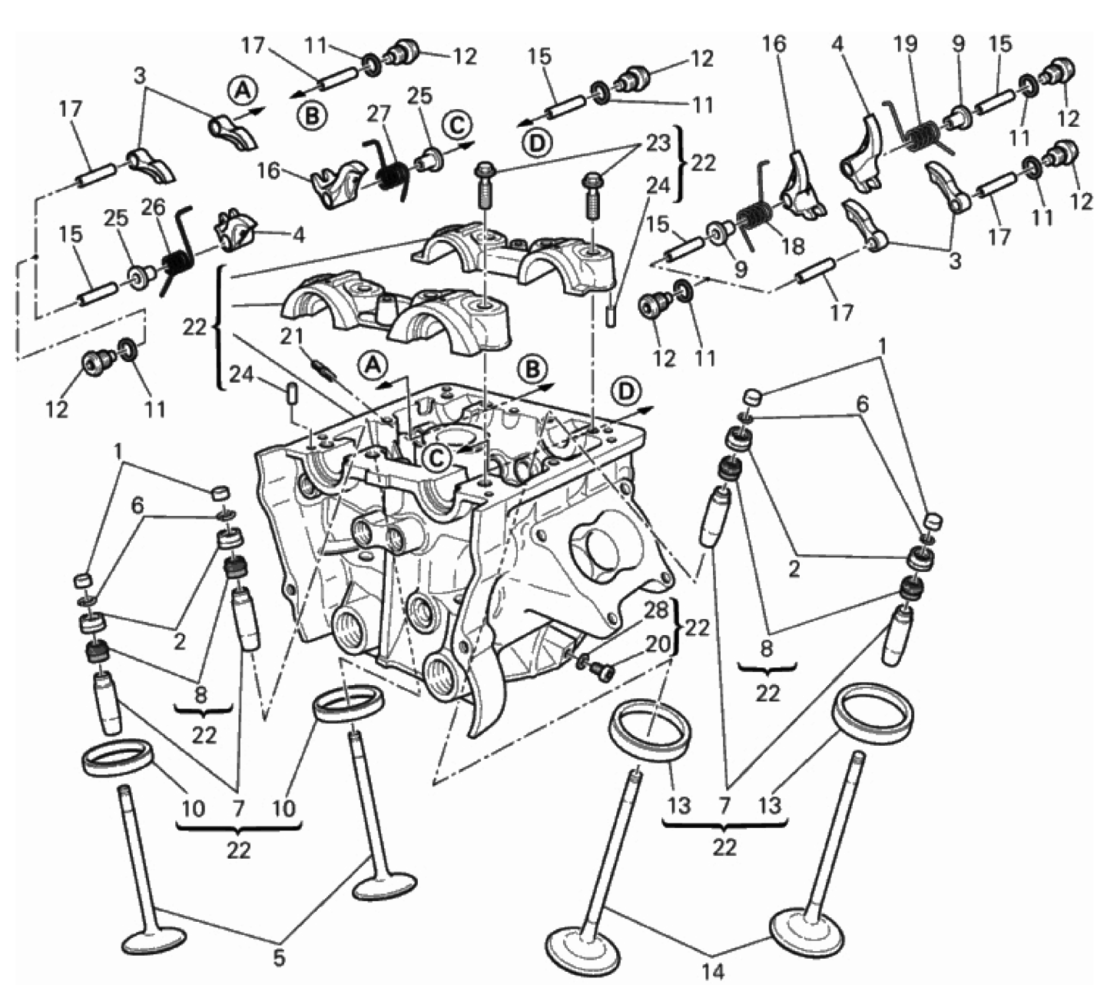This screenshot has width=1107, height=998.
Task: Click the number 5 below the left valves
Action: pos(279,958)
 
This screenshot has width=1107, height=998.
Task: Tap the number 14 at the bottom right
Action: pos(712,972)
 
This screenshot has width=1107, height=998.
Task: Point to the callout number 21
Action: pos(291,337)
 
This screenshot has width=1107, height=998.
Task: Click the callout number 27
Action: pos(379,115)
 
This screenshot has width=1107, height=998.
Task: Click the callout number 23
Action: pos(658,144)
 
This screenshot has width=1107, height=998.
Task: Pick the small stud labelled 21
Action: pos(323,368)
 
